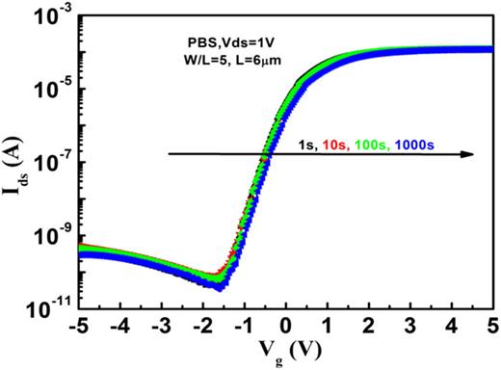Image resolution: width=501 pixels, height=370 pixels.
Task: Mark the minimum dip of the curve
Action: [219, 284]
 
